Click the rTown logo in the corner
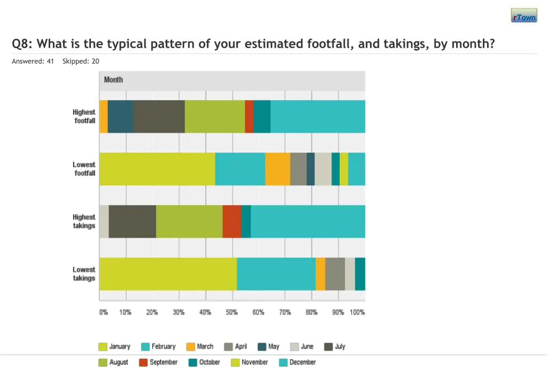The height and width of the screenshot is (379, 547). [523, 16]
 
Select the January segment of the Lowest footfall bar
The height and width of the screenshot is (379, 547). [157, 169]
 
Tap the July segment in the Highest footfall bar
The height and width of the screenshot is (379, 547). [159, 117]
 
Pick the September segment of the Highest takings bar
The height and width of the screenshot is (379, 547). [232, 221]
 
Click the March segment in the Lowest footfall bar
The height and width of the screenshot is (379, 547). [277, 169]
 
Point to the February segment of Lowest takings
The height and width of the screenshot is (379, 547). [276, 274]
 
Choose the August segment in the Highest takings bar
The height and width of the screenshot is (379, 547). [189, 221]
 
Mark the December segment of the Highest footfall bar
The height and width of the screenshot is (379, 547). [318, 117]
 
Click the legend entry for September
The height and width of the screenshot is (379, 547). [158, 362]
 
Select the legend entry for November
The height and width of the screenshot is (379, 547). [249, 362]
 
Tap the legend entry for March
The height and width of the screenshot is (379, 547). [199, 346]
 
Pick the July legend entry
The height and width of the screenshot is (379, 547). [335, 346]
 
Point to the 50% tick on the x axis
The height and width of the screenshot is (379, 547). [232, 312]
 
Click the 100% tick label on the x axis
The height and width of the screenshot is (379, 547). [357, 312]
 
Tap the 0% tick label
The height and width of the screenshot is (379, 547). [103, 312]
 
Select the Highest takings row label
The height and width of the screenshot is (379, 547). [84, 221]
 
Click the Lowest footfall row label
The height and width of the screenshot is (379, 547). [84, 169]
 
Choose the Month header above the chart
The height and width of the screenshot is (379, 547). [113, 80]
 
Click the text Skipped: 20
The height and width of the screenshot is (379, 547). [81, 61]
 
